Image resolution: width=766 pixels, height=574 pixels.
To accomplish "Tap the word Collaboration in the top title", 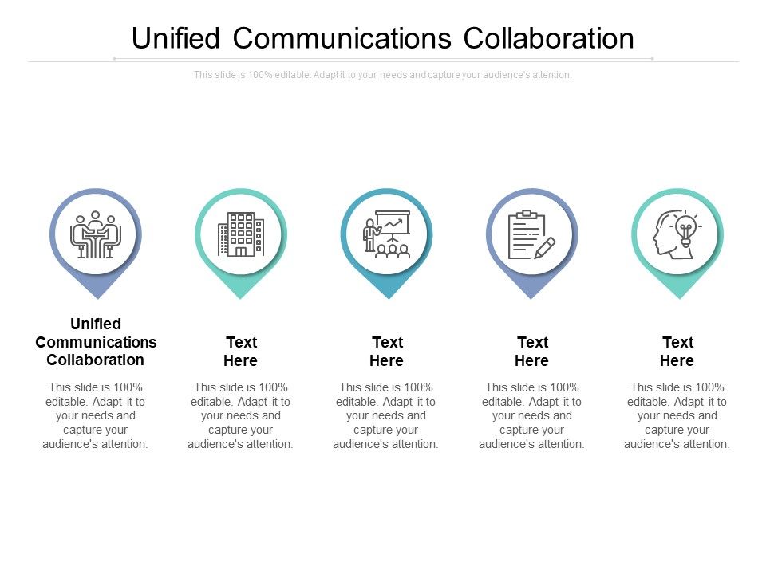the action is [549, 38].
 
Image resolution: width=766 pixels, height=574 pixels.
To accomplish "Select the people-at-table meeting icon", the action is [95, 234].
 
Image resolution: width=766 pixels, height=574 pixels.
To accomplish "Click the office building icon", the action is [241, 234].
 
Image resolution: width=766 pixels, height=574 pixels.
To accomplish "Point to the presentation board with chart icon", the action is [387, 234].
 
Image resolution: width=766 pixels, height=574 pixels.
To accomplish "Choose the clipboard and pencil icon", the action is [531, 234].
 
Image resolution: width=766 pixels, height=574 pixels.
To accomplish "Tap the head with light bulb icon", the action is [677, 234].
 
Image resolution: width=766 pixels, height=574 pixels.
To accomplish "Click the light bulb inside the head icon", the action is [685, 229].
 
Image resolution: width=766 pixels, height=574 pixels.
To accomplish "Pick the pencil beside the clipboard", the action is [545, 247].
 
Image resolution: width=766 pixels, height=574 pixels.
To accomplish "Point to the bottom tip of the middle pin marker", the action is [388, 297].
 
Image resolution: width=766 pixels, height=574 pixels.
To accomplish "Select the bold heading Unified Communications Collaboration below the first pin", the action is [96, 342].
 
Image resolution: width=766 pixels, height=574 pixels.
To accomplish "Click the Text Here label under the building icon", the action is [241, 352].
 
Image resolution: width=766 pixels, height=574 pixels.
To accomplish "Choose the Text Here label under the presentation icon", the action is [387, 352].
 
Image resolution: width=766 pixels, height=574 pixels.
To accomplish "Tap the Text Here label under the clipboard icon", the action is [532, 352].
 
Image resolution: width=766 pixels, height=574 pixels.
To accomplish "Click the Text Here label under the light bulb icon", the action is [677, 352].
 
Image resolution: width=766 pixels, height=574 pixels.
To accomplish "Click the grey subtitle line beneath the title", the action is [383, 75].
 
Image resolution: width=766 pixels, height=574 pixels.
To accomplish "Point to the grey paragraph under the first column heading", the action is [96, 415].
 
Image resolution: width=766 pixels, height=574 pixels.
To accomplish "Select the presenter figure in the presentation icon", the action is [369, 236].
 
